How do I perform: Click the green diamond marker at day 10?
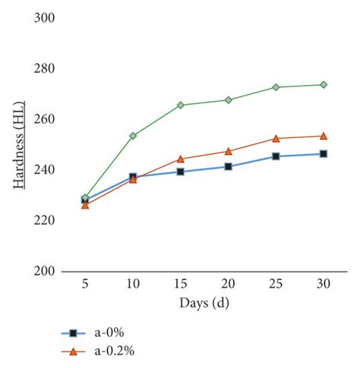click(133, 136)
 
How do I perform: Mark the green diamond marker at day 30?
click(324, 85)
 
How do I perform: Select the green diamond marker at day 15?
click(181, 105)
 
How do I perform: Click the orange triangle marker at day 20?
click(228, 151)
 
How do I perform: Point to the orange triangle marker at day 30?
click(324, 136)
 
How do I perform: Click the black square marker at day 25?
click(276, 156)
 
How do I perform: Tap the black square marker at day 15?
click(181, 171)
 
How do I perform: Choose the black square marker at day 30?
click(324, 154)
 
